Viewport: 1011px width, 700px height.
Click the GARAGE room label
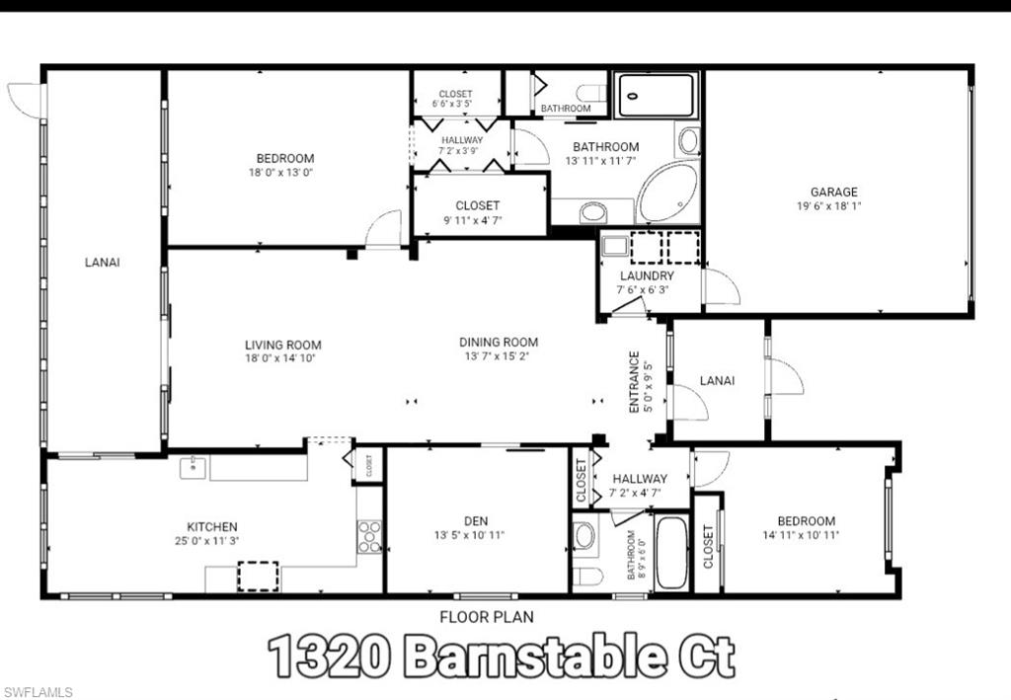pos(833,192)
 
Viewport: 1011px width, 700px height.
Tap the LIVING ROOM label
pos(283,345)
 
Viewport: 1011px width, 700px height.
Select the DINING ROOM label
pos(499,343)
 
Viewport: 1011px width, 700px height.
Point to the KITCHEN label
pos(212,526)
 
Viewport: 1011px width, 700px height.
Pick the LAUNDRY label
pos(647,275)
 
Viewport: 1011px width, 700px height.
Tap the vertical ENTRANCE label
pos(636,381)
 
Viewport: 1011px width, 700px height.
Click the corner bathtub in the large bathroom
pos(667,193)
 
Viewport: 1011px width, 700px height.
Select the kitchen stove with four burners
pos(369,536)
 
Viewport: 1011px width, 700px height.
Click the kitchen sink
pos(193,466)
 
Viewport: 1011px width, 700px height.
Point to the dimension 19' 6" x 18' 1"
pos(833,206)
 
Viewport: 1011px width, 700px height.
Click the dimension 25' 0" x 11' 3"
pos(212,541)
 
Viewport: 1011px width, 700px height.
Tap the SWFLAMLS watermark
pos(38,692)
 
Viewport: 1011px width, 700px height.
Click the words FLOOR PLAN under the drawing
pos(487,617)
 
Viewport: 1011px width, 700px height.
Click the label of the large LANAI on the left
pos(103,262)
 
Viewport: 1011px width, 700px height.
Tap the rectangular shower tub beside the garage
pos(656,95)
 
